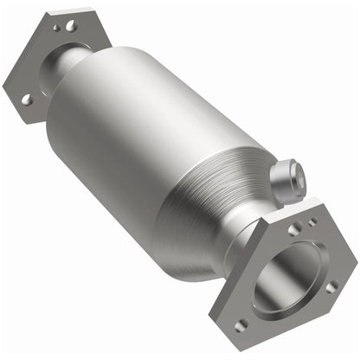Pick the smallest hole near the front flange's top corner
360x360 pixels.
(x=312, y=222)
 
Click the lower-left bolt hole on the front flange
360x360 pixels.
(x=241, y=323)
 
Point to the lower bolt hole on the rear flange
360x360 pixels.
(x=25, y=100)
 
